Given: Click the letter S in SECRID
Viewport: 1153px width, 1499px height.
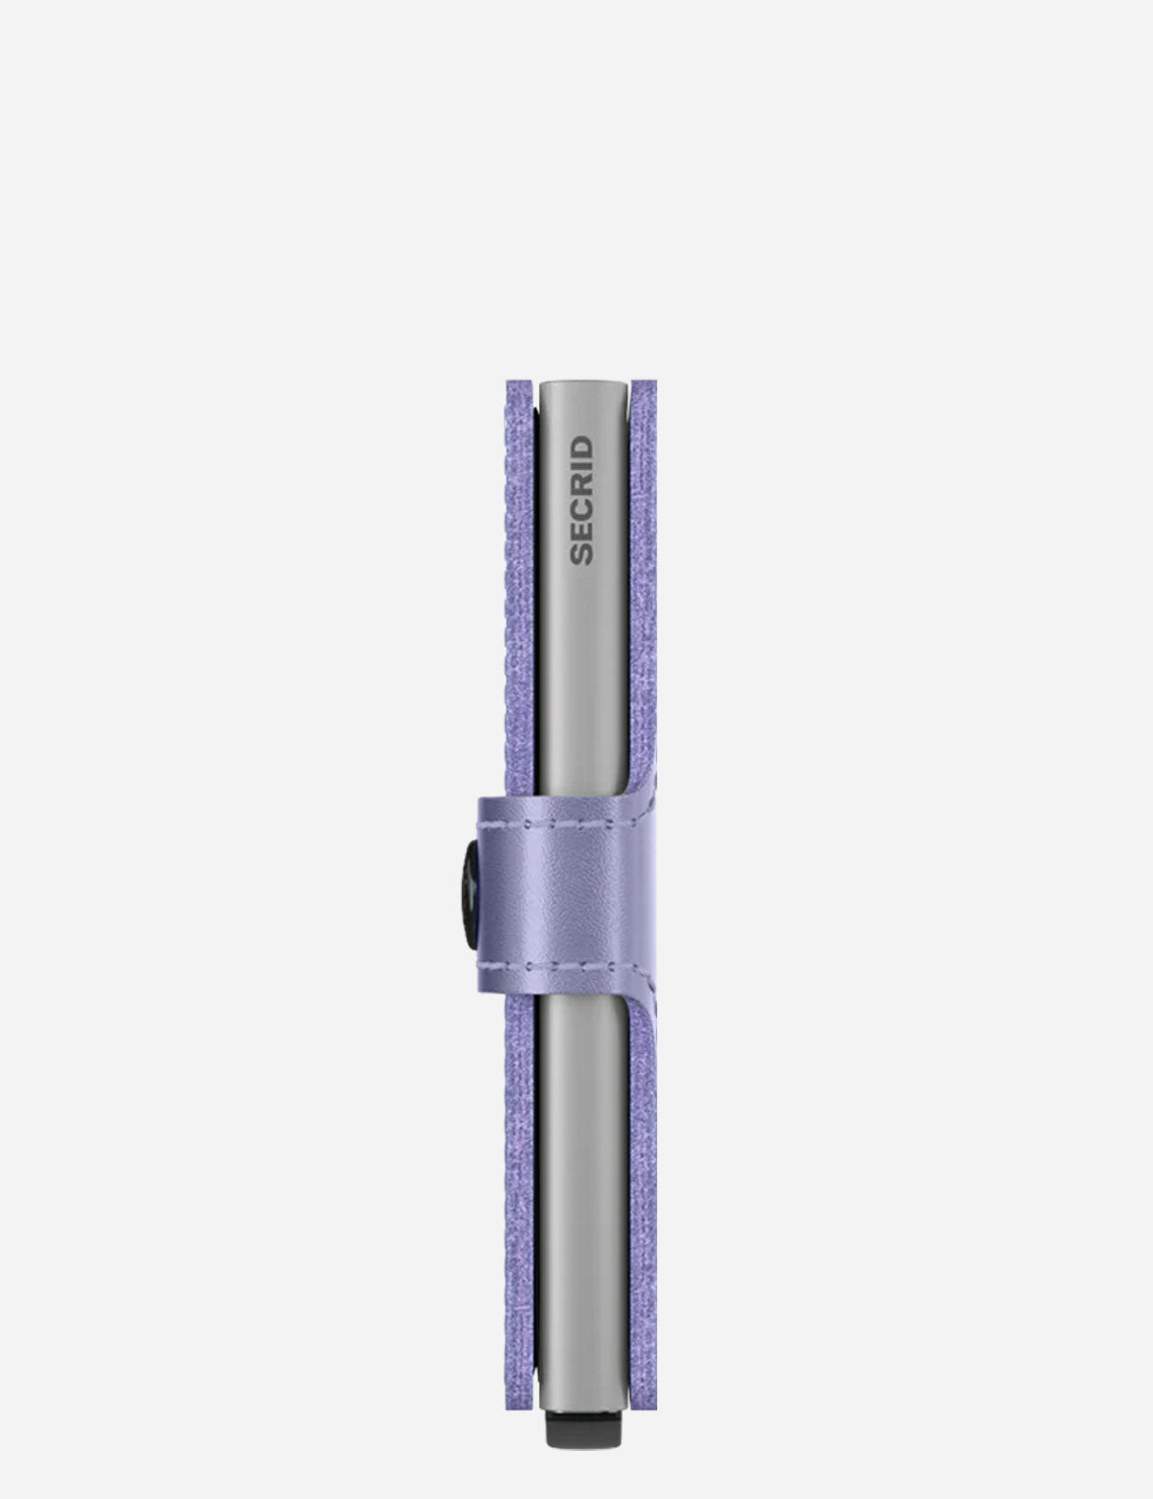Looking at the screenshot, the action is tap(581, 553).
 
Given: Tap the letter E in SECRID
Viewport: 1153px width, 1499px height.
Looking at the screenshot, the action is tap(581, 531).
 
